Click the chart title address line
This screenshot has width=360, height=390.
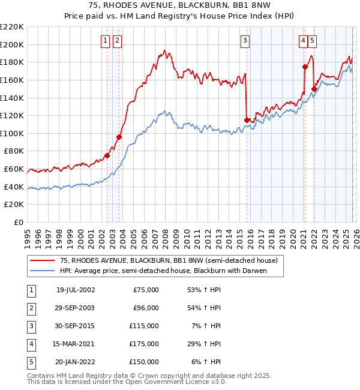click(x=180, y=5)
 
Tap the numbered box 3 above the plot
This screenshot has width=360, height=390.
click(x=245, y=41)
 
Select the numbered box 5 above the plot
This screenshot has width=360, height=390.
click(x=313, y=41)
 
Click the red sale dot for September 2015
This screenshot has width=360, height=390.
click(x=247, y=120)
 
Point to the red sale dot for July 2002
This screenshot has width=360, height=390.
click(x=107, y=155)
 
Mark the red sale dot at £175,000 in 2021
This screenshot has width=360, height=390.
click(x=305, y=67)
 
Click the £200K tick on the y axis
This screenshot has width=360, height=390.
click(x=13, y=44)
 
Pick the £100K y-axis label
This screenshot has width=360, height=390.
click(x=13, y=133)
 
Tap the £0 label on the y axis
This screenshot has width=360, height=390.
click(x=18, y=222)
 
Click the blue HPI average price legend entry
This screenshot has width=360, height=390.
click(x=162, y=271)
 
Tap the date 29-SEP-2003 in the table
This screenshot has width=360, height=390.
click(x=75, y=308)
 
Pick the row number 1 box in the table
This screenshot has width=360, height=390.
click(x=30, y=290)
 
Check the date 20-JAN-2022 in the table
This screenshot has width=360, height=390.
click(x=75, y=362)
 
